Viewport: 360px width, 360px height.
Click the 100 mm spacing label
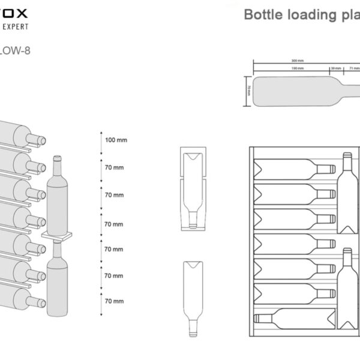pyautogui.click(x=115, y=140)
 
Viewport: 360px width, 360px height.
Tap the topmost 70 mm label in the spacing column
pyautogui.click(x=114, y=167)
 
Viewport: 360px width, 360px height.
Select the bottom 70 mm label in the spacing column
pyautogui.click(x=114, y=301)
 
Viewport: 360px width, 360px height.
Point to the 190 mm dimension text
pyautogui.click(x=297, y=69)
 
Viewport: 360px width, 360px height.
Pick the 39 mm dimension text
pyautogui.click(x=335, y=69)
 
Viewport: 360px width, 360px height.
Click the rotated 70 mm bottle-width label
pyautogui.click(x=248, y=92)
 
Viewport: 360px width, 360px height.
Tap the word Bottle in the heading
pyautogui.click(x=263, y=14)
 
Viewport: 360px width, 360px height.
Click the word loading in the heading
pyautogui.click(x=310, y=14)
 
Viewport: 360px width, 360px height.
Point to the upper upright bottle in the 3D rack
pyautogui.click(x=57, y=195)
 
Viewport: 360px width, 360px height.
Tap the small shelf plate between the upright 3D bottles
pyautogui.click(x=56, y=235)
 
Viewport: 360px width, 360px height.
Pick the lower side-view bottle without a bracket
pyautogui.click(x=193, y=294)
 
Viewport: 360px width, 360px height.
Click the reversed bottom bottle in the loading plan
pyautogui.click(x=294, y=318)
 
